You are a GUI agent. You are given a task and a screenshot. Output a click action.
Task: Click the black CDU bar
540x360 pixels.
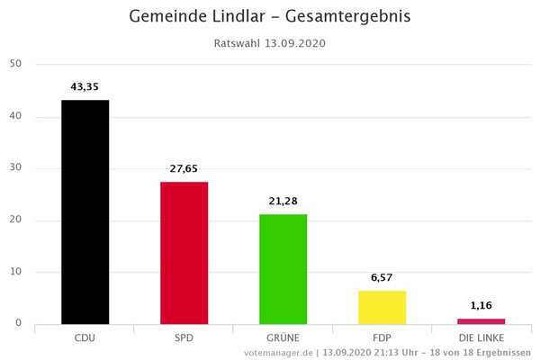click(85, 211)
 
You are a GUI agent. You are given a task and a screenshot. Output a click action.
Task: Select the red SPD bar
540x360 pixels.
click(184, 253)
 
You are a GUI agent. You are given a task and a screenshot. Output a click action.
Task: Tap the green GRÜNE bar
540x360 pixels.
click(283, 269)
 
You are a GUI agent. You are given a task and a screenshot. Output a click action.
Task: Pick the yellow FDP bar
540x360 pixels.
click(382, 307)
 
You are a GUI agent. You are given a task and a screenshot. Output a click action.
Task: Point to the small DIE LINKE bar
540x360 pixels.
click(481, 321)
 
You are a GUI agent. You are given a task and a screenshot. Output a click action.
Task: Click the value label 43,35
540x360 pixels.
click(85, 86)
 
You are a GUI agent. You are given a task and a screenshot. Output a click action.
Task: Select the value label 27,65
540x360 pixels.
click(184, 168)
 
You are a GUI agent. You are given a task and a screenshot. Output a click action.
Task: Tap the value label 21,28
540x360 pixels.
click(283, 201)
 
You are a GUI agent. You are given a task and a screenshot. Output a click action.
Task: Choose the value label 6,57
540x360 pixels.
click(382, 277)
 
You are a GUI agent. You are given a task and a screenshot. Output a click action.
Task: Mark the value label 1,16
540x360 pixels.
click(481, 305)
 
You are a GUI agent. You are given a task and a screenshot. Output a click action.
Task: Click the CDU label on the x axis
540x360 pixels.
click(85, 337)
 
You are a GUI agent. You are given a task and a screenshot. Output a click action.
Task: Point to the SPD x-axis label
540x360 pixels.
click(184, 337)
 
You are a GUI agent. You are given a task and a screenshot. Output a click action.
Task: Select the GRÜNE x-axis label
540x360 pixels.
click(283, 337)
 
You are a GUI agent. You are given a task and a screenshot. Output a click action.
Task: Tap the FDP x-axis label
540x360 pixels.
click(382, 337)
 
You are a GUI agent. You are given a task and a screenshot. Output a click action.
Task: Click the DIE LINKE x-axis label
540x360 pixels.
click(481, 337)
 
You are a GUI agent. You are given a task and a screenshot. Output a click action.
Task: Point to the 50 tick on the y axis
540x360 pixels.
click(15, 64)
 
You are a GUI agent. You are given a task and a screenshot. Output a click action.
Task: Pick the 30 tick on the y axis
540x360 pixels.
click(15, 168)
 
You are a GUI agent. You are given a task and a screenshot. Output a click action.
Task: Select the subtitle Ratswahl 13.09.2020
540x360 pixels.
click(270, 42)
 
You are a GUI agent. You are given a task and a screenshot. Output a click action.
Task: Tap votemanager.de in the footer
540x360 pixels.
click(278, 353)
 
